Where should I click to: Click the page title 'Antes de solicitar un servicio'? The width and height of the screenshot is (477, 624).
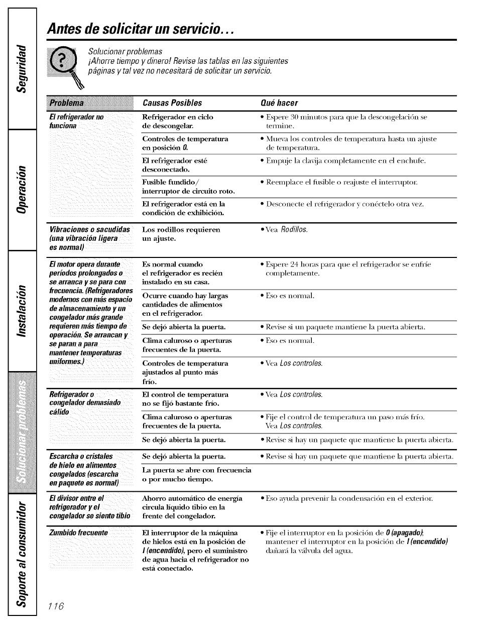[141, 29]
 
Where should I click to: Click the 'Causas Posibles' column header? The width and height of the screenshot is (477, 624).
[172, 103]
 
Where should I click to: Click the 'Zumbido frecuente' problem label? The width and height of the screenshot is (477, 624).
[78, 532]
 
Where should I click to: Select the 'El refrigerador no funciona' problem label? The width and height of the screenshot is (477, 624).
[76, 121]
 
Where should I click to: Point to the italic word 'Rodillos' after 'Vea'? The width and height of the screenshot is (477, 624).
[294, 230]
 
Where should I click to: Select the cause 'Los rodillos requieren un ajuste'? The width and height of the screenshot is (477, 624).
[174, 234]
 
